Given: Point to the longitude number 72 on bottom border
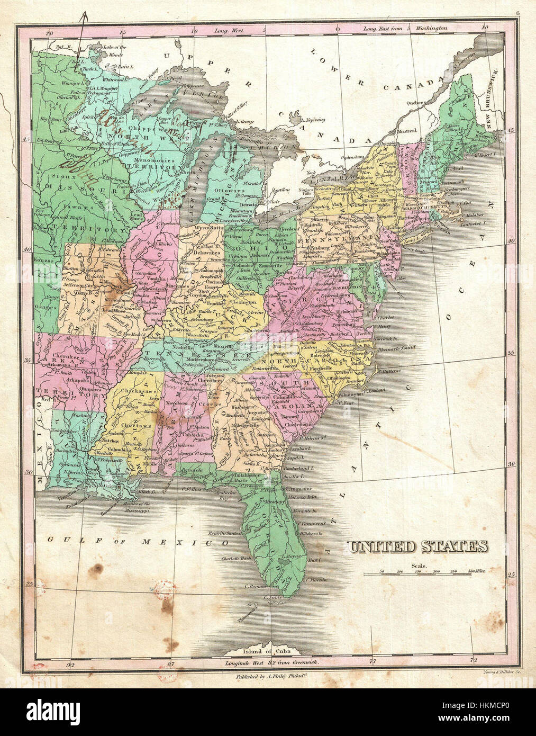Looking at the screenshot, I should (474, 660).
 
